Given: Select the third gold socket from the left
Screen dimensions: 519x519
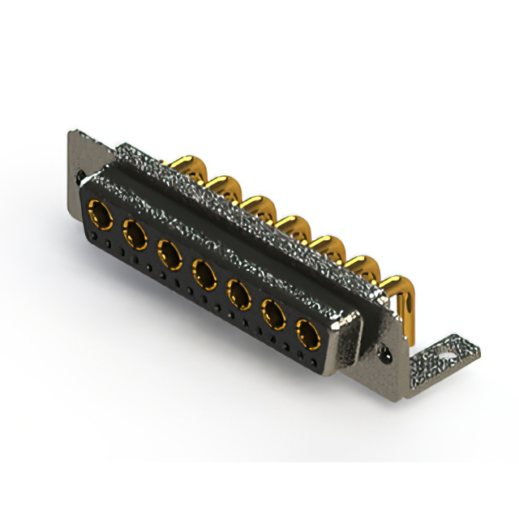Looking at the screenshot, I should [169, 255].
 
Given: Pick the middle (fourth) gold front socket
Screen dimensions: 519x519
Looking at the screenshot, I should [204, 274].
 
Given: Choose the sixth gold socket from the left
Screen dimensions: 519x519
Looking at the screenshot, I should [273, 313].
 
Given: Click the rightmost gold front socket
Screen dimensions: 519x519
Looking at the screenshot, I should [308, 332].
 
